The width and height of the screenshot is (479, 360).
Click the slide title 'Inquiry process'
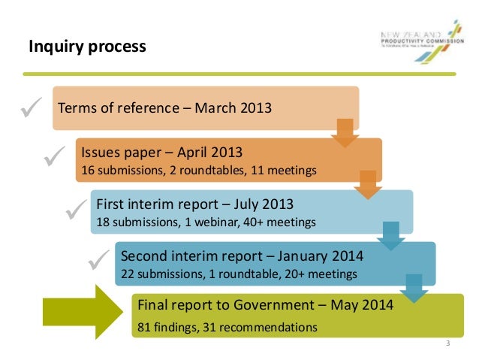click(87, 48)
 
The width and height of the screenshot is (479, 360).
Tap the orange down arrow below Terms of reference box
click(345, 132)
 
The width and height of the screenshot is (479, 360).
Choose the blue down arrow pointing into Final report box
click(413, 287)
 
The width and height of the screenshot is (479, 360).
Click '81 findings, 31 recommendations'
click(226, 327)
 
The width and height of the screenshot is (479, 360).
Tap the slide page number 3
click(447, 344)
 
